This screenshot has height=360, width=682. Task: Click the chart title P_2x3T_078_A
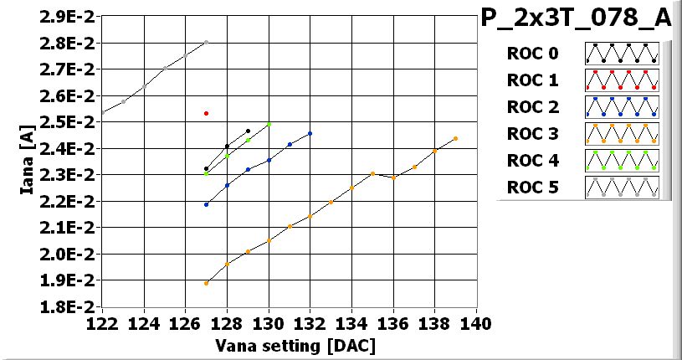pos(582,19)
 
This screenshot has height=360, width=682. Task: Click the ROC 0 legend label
pos(532,54)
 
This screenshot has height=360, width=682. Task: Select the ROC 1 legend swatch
pos(622,80)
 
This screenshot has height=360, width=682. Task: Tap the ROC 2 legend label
pos(532,107)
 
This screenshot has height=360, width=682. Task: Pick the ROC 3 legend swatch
pos(622,134)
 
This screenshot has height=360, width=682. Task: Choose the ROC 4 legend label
pos(532,161)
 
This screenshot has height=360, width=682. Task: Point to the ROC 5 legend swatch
pos(622,188)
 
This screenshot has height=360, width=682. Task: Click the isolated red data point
pos(206,113)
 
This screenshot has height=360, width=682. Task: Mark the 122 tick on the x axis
pos(102,321)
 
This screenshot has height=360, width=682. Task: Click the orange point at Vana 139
pos(455,138)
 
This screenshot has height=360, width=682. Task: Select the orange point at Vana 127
pos(206,283)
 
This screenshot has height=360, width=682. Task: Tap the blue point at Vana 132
pos(310,133)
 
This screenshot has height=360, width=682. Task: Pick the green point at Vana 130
pos(269,125)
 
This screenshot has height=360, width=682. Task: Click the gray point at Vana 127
pos(206,42)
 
